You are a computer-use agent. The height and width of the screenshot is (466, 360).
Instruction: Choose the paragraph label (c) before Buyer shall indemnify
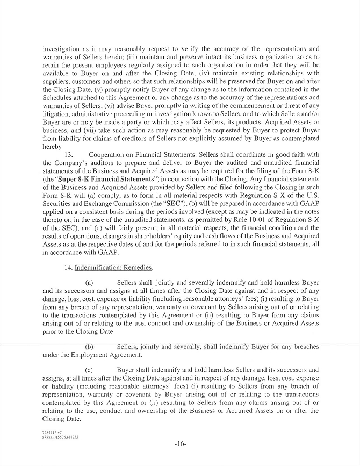point(90,370)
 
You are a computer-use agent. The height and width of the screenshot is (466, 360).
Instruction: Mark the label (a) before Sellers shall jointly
point(90,282)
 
